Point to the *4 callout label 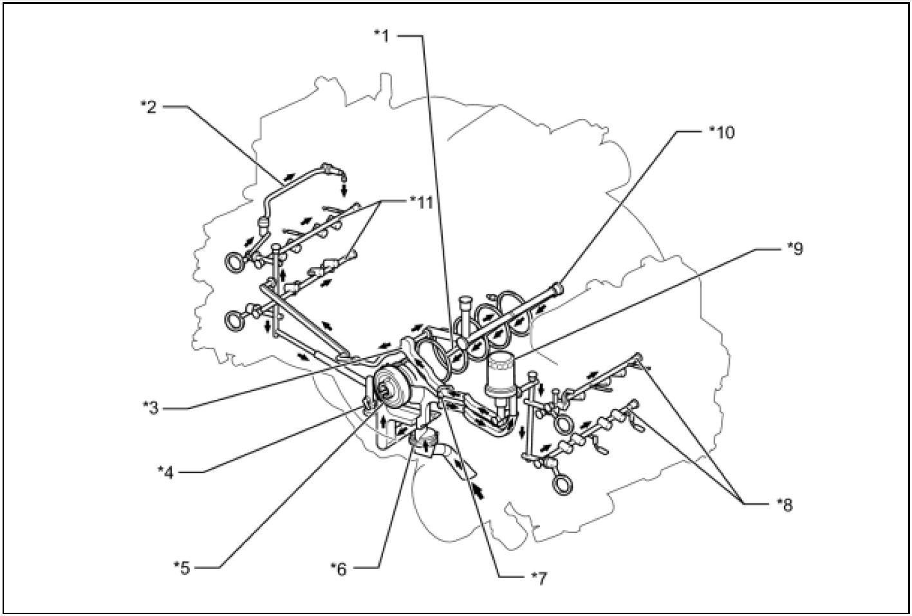167,471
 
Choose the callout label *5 183,567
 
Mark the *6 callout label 340,568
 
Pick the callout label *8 785,504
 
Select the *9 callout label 795,249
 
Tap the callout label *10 721,132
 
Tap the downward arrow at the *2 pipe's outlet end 345,190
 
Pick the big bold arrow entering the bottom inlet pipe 478,491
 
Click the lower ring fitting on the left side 236,320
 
